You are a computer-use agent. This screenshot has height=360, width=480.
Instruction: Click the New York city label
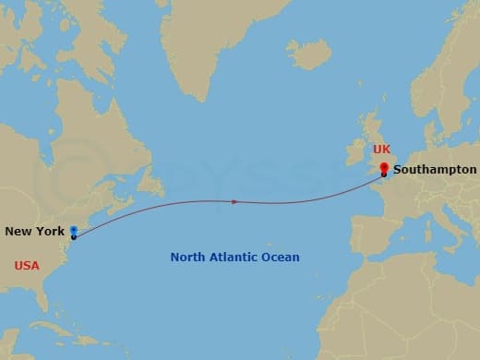35,231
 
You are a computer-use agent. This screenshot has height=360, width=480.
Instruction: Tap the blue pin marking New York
73,230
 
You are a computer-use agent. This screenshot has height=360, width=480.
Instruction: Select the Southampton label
435,170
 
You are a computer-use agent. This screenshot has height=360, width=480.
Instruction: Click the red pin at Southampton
384,168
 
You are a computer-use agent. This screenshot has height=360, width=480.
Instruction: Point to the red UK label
382,149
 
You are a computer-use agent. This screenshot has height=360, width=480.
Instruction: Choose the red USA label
27,265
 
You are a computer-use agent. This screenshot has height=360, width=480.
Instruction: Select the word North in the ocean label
189,258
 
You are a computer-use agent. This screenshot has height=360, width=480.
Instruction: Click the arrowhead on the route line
235,200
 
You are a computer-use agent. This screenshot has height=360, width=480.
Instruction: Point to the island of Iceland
307,53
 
